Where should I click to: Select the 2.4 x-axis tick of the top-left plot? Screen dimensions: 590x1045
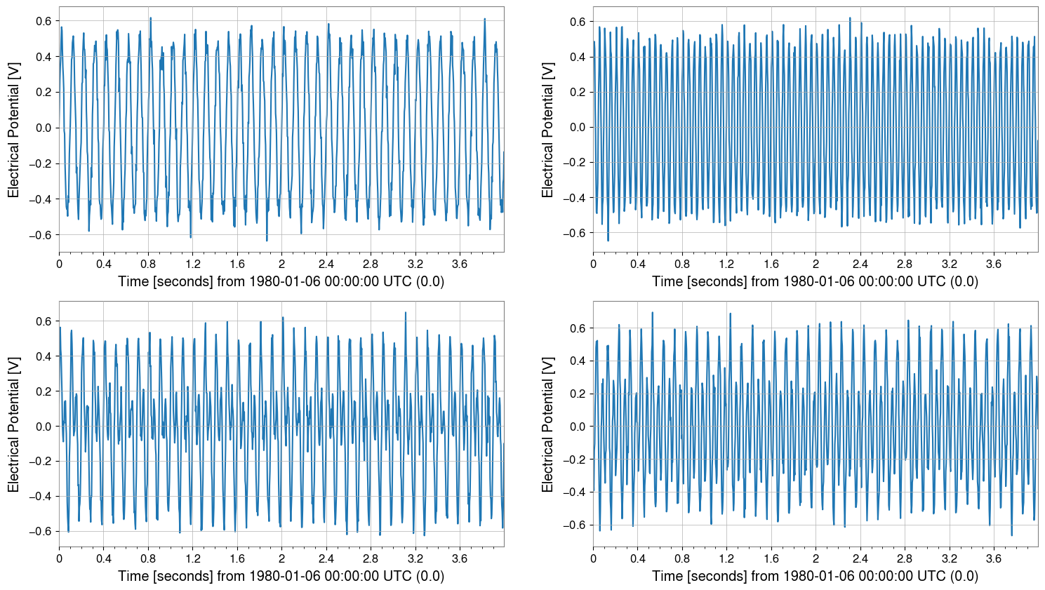point(326,264)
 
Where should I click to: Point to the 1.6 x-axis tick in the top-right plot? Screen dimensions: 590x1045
point(771,264)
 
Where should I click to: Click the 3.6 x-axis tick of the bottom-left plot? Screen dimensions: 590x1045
point(459,558)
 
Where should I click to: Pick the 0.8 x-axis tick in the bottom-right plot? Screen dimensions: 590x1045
point(682,558)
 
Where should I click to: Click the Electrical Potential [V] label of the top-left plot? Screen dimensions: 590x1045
point(13,130)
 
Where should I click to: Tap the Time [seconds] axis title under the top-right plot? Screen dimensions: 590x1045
point(815,281)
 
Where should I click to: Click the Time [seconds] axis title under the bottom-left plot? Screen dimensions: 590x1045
point(281,576)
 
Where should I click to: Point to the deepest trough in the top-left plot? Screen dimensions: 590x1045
point(267,241)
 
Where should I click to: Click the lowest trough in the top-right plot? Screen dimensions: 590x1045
point(608,241)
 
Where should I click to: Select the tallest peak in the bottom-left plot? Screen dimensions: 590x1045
point(406,312)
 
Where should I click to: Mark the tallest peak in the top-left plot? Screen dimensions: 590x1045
point(150,18)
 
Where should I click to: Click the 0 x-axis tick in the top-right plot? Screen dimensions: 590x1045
point(593,264)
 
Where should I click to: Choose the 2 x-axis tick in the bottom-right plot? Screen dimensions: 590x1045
point(816,558)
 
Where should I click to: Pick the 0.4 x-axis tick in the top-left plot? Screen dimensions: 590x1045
point(103,264)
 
